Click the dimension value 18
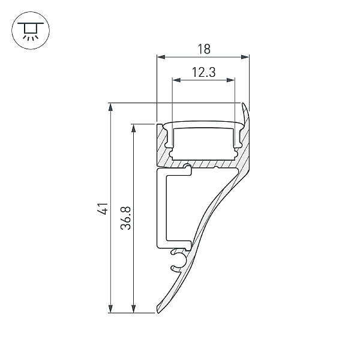click(x=204, y=49)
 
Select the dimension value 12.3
click(x=203, y=72)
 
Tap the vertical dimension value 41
click(x=103, y=208)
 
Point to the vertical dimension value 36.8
click(x=125, y=218)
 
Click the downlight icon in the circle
click(x=31, y=31)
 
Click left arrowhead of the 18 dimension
click(x=161, y=57)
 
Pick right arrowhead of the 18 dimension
click(x=245, y=57)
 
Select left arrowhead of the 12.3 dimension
click(x=176, y=80)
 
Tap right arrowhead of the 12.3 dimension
click(x=231, y=80)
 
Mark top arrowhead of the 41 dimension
click(x=110, y=107)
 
